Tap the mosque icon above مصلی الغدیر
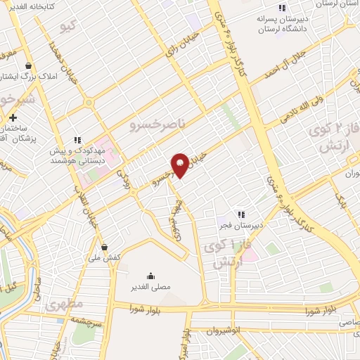tap(150, 275)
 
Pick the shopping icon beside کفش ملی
tap(105, 247)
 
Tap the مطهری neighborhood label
tap(65, 305)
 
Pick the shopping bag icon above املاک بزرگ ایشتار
tap(27, 64)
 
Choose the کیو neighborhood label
tap(67, 27)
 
